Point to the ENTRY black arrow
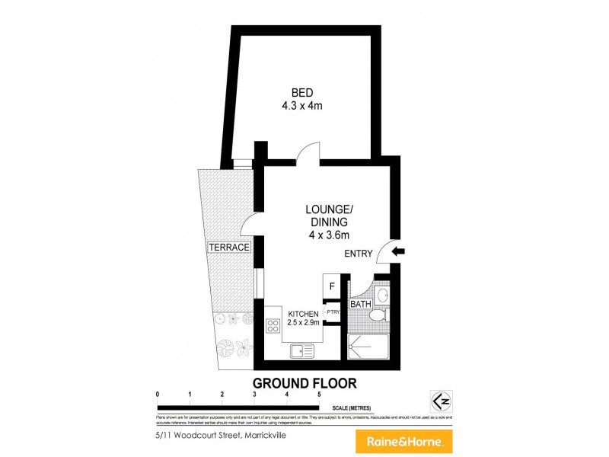(399, 251)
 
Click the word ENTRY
(359, 254)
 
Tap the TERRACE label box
(229, 248)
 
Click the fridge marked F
(331, 286)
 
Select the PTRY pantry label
(332, 312)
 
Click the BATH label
(359, 305)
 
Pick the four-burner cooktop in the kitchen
(273, 326)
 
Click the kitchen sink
(302, 351)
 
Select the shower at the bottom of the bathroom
(369, 347)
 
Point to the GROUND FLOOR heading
(304, 383)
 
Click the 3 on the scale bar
(254, 395)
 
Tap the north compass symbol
(438, 401)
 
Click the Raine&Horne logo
(404, 441)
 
